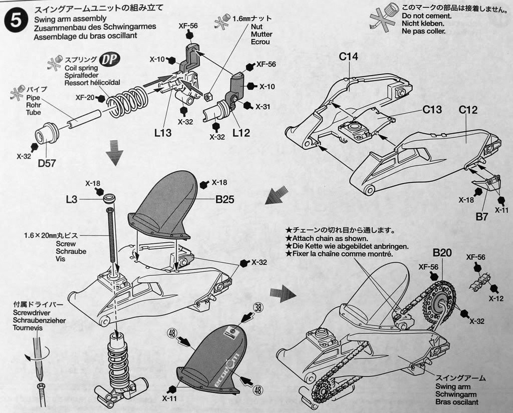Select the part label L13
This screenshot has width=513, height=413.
[x=163, y=133]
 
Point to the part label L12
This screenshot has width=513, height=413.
[x=241, y=133]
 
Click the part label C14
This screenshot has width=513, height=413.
[x=348, y=57]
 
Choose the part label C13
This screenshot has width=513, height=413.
[x=432, y=109]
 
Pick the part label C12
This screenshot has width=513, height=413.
[x=467, y=110]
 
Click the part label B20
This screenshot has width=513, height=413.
[x=442, y=253]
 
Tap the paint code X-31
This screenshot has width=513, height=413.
[x=263, y=107]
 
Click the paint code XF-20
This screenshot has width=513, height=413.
[x=85, y=98]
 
